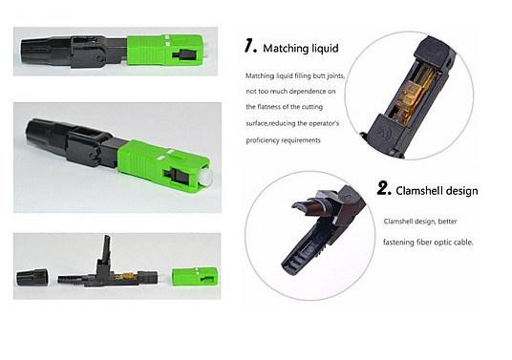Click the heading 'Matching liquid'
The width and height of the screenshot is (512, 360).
(x=301, y=49)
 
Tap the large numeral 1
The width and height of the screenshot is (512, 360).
(x=250, y=46)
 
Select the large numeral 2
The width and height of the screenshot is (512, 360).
(x=384, y=188)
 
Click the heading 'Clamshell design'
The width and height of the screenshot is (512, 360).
(x=437, y=191)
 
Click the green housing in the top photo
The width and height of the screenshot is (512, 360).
(x=165, y=50)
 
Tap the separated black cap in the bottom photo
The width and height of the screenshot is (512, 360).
(x=32, y=278)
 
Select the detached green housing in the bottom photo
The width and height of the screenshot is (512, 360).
(x=195, y=277)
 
